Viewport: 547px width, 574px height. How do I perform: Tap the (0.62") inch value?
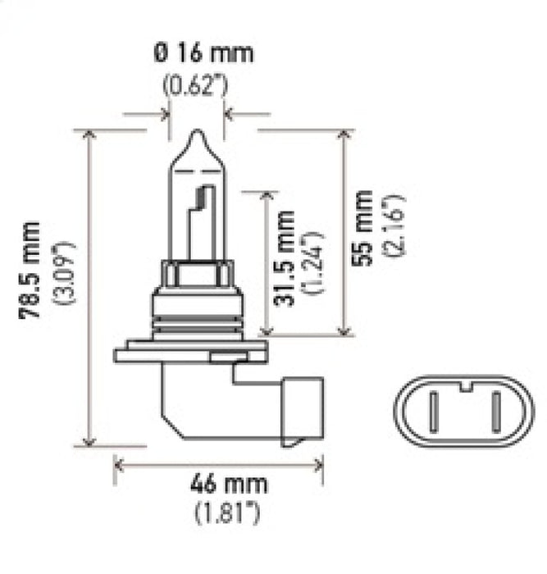pyautogui.click(x=196, y=85)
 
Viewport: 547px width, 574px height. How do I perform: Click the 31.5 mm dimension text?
pyautogui.click(x=284, y=257)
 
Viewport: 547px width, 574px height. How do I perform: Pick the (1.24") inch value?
pyautogui.click(x=314, y=262)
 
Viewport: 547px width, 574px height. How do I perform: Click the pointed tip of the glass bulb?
pyautogui.click(x=196, y=133)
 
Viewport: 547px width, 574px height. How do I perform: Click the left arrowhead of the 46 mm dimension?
pyautogui.click(x=119, y=466)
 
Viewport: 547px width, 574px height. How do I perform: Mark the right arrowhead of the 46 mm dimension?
pyautogui.click(x=319, y=466)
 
